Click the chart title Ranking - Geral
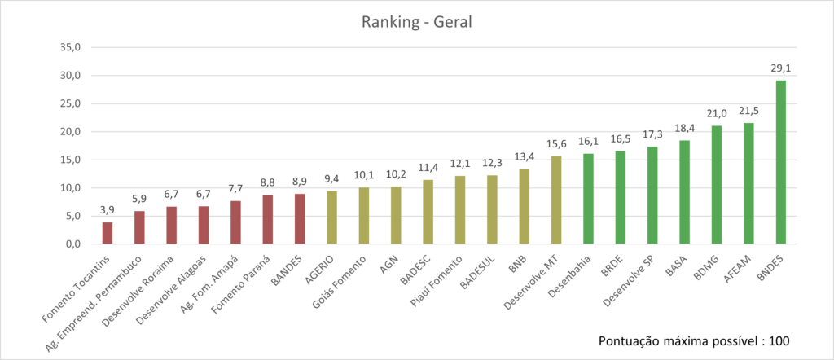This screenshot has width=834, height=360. (x=416, y=21)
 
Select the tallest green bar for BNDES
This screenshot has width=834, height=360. (x=780, y=163)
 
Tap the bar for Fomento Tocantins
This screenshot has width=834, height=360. (x=108, y=233)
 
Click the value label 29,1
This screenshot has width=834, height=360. (x=780, y=69)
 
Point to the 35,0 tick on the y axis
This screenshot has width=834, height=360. (x=71, y=47)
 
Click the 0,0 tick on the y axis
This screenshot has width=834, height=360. (x=71, y=244)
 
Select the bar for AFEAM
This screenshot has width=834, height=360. (x=748, y=183)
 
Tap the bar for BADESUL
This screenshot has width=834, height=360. (x=492, y=209)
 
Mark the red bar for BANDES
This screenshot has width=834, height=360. (x=300, y=219)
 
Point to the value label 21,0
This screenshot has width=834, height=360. (x=716, y=114)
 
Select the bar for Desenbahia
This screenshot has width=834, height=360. (x=588, y=199)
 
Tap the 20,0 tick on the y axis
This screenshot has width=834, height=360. (x=71, y=131)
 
